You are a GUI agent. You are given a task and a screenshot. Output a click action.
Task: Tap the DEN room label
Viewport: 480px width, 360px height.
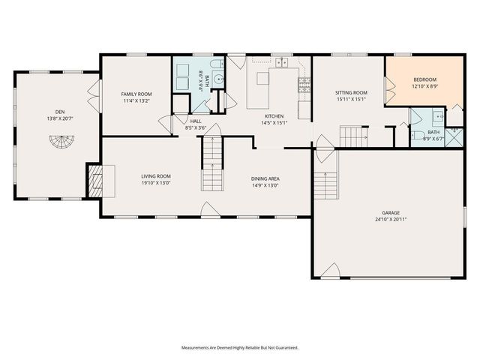point(52,112)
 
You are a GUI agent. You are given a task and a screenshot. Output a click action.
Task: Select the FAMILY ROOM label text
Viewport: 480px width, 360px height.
point(136,94)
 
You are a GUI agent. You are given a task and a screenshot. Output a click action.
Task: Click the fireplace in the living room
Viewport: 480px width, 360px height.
point(96,181)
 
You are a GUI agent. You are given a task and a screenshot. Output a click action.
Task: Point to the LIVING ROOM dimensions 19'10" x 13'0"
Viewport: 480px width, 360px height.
point(156,182)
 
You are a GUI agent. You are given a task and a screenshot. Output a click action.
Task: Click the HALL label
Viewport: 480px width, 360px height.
point(195,121)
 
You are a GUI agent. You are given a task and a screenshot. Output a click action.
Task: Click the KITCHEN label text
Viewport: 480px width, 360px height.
point(272,116)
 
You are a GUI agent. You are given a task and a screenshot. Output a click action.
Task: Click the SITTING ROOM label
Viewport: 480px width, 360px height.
point(350,92)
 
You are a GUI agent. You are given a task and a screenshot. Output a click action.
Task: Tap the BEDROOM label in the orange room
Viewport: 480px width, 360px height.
point(424,79)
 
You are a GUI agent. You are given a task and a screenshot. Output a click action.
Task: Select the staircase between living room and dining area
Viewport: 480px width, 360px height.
point(212,166)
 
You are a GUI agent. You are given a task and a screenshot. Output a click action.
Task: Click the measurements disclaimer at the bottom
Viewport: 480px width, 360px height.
point(239,348)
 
